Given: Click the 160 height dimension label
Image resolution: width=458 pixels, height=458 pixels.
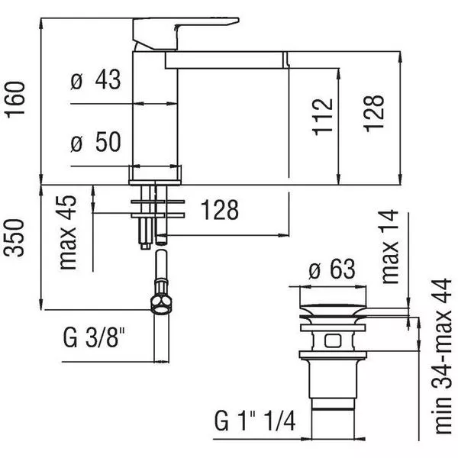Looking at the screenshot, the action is (x=16, y=100).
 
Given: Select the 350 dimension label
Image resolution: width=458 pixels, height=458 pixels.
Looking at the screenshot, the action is (x=15, y=237).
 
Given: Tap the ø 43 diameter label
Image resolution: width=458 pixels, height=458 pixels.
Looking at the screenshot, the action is (x=95, y=79).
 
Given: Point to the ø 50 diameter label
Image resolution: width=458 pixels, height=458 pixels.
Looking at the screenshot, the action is (x=95, y=142).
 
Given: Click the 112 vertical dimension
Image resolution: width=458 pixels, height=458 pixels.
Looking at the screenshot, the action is (x=322, y=117).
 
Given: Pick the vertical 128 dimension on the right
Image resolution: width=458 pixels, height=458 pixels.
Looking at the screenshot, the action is (x=373, y=113).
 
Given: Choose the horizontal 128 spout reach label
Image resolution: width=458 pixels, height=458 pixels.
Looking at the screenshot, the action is (x=220, y=210).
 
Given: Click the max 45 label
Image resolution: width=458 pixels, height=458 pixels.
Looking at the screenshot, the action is (x=68, y=233).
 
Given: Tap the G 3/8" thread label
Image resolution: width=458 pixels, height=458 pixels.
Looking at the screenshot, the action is (x=94, y=337).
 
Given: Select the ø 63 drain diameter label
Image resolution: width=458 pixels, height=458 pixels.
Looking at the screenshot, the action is (x=332, y=269).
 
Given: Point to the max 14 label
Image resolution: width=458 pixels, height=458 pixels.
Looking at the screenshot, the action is (x=390, y=247).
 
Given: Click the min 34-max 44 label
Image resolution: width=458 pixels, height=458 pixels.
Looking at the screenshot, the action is (x=443, y=356).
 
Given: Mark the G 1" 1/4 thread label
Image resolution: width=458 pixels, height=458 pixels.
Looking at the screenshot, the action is (x=255, y=421).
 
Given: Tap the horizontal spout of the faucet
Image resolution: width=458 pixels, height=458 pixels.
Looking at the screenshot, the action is (x=227, y=60).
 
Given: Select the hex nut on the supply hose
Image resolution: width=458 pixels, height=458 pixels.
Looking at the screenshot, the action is (x=161, y=304).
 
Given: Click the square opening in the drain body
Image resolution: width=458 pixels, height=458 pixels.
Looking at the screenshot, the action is (x=333, y=341).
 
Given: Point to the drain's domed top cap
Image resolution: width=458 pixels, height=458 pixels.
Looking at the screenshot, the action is (x=333, y=310).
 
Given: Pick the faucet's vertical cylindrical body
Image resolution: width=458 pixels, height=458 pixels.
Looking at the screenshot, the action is (x=155, y=109).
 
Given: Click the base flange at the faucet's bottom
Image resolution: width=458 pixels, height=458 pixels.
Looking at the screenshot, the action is (x=155, y=176).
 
